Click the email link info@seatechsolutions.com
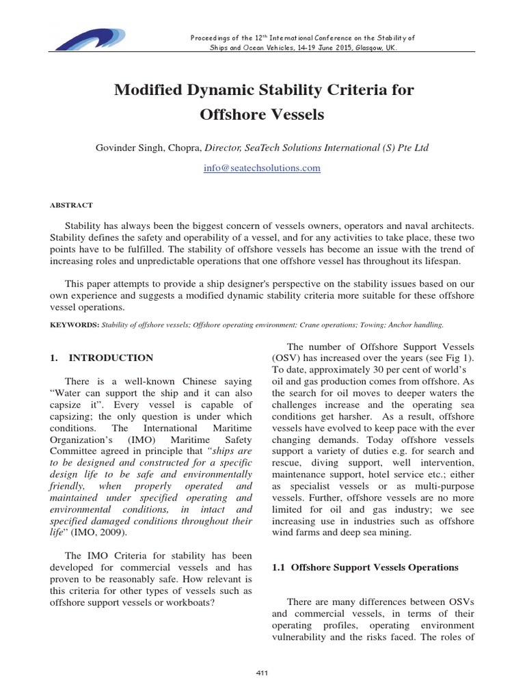(x=262, y=167)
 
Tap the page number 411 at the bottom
(x=262, y=673)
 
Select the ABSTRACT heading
(x=72, y=204)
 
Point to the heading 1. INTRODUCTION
(x=102, y=358)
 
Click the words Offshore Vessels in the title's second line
(x=262, y=114)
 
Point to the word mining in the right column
(x=415, y=533)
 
